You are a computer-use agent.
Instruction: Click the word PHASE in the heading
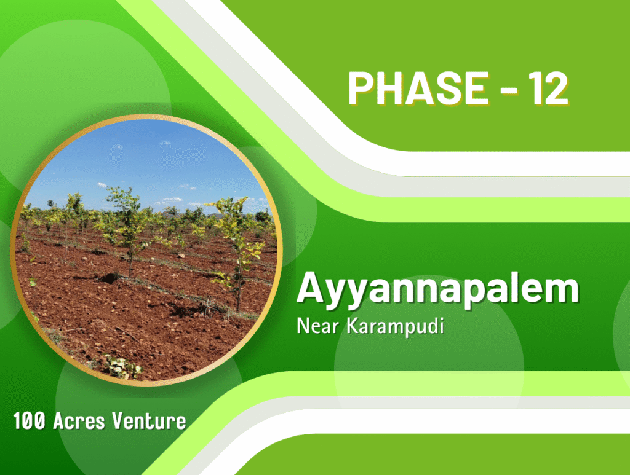pos(418,88)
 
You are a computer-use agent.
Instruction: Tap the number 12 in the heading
pos(548,88)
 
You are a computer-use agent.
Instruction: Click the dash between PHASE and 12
pos(509,90)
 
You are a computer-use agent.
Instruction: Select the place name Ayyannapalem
pos(438,289)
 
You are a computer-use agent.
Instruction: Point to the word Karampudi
pos(396,326)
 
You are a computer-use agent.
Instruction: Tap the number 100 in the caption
pos(29,421)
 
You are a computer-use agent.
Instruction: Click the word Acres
pos(79,421)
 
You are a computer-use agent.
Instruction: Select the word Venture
pos(149,421)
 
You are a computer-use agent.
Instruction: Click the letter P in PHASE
pos(361,88)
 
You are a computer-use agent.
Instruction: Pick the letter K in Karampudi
pos(353,325)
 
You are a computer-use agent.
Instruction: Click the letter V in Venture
pos(119,421)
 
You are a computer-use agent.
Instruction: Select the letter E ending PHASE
pos(477,88)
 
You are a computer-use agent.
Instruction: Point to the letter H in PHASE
pos(391,88)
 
